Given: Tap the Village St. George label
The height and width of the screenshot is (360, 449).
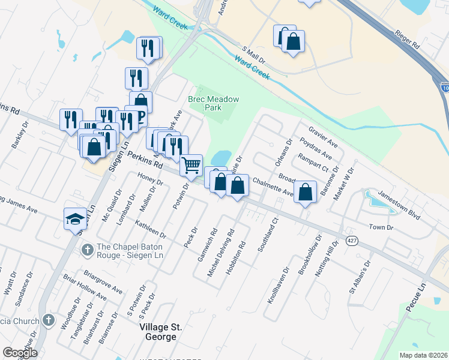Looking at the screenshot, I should [x=158, y=332].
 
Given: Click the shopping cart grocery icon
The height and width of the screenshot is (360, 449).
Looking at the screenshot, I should [x=191, y=164].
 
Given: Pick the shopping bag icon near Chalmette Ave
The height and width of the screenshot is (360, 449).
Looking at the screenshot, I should [x=306, y=193].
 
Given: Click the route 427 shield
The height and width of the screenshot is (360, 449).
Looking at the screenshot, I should [x=352, y=241].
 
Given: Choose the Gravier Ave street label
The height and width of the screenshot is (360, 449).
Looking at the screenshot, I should [x=324, y=137].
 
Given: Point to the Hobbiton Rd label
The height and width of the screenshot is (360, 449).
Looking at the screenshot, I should [x=243, y=254].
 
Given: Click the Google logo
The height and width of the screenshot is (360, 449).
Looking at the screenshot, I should [x=20, y=353].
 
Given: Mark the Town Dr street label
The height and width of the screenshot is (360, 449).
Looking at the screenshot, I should [x=381, y=228].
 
